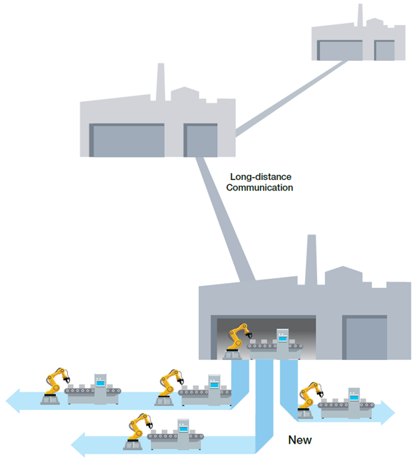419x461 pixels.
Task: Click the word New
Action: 300,440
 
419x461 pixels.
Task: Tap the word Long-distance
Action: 260,176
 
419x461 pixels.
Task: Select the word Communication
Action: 259,188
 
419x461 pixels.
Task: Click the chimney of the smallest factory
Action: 360,15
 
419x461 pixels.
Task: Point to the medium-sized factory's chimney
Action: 161,82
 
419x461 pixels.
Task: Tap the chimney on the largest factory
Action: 311,259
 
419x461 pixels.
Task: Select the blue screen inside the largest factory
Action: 283,339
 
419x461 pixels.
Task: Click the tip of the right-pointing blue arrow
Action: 395,413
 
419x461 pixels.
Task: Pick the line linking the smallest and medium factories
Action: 291,98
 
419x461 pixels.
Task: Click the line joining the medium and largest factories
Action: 226,219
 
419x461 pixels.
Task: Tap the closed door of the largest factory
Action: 365,338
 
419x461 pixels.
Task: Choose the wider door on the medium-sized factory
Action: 127,140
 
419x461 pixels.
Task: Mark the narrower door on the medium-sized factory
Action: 200,140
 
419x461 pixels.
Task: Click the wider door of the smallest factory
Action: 340,50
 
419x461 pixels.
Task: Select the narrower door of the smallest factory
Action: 384,50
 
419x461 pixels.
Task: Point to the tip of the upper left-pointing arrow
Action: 6,400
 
